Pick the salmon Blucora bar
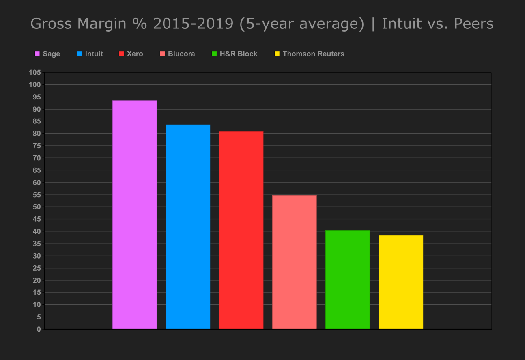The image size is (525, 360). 294,262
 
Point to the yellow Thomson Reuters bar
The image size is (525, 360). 401,282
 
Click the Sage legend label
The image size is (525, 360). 52,54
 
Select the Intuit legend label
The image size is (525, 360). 94,54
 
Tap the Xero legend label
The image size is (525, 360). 135,54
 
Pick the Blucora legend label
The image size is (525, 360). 181,54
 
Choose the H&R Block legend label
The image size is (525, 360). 239,54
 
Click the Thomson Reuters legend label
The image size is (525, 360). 313,54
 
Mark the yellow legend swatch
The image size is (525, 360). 277,54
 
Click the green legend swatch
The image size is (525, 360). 215,54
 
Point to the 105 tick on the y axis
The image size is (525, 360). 35,73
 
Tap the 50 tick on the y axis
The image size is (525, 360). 37,207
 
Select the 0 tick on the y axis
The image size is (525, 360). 39,329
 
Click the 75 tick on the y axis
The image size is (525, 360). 37,146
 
